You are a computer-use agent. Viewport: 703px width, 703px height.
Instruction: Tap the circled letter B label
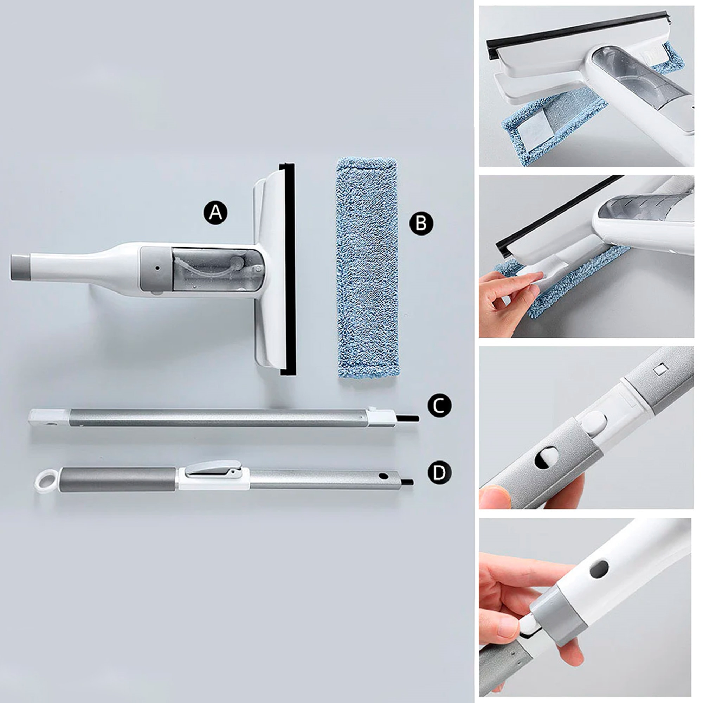tap(421, 223)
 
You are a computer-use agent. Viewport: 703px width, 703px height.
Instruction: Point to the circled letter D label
tap(439, 473)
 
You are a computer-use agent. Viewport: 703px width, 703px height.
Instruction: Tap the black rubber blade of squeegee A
tap(288, 269)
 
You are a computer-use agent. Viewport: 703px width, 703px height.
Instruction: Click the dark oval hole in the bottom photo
tap(599, 569)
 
